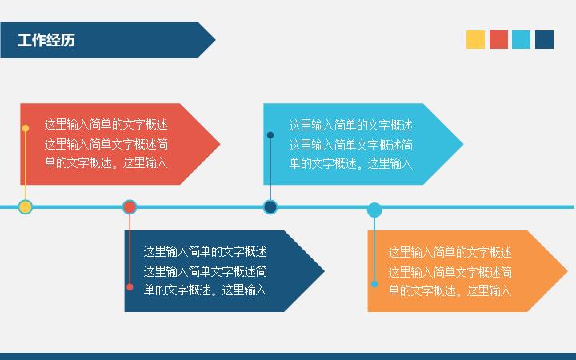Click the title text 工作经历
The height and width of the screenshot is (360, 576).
click(x=46, y=40)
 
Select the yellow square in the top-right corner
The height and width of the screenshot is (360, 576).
click(x=475, y=40)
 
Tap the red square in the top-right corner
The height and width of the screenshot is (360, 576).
click(x=498, y=40)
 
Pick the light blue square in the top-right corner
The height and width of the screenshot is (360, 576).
click(x=522, y=40)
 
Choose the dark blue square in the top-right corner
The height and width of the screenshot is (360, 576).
click(x=545, y=40)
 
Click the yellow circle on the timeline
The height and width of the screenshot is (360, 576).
click(x=26, y=207)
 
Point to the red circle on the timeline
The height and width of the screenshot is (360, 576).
click(x=130, y=207)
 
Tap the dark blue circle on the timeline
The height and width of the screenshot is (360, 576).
click(x=270, y=207)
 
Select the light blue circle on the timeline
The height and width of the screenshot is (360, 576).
click(x=374, y=210)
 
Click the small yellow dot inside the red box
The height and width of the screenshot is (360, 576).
click(x=26, y=128)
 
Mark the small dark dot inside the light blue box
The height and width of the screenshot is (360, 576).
click(x=270, y=135)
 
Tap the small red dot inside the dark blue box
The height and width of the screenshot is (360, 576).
click(x=130, y=287)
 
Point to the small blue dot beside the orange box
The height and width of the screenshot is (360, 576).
click(x=374, y=284)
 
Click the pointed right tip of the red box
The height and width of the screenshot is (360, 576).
click(x=220, y=144)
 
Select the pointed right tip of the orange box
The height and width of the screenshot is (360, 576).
click(x=567, y=271)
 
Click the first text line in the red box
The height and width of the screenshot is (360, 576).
click(x=106, y=124)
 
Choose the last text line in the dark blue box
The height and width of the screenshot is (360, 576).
click(x=206, y=290)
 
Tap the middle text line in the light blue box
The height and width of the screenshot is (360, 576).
click(x=351, y=145)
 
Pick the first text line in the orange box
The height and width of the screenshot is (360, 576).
click(x=450, y=252)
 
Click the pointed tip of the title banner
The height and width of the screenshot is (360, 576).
click(x=215, y=40)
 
